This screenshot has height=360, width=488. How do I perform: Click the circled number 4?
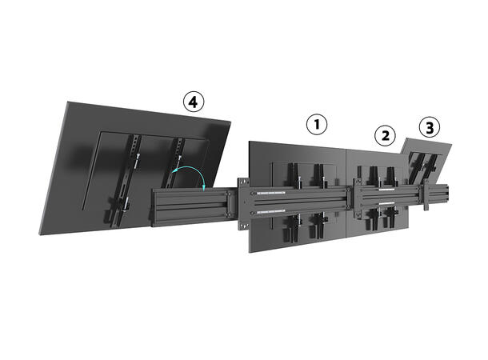(x=192, y=102)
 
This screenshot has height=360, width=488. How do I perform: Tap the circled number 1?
(x=318, y=125)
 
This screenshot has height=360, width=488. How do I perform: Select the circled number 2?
(x=386, y=135)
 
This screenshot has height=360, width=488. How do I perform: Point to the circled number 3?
(x=430, y=127)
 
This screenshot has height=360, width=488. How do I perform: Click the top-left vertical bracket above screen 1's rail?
(x=290, y=177)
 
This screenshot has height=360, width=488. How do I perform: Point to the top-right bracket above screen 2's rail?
(x=391, y=177)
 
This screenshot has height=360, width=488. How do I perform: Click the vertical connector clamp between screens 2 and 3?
(x=427, y=198)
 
